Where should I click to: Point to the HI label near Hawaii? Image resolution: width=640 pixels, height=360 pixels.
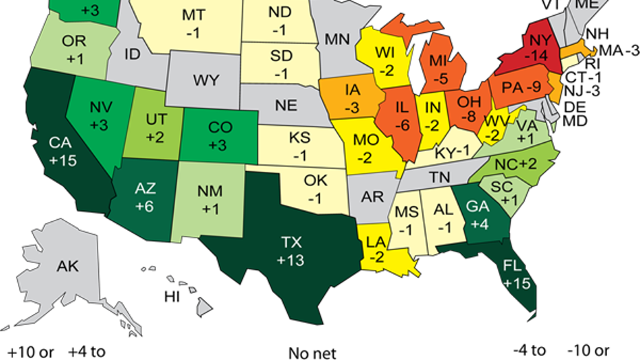(x=172, y=296)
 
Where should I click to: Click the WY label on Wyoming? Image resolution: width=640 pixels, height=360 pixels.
(x=205, y=80)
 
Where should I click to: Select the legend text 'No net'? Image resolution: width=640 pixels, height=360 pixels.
(x=312, y=353)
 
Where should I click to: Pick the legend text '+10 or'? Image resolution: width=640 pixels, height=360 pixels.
(x=27, y=352)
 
